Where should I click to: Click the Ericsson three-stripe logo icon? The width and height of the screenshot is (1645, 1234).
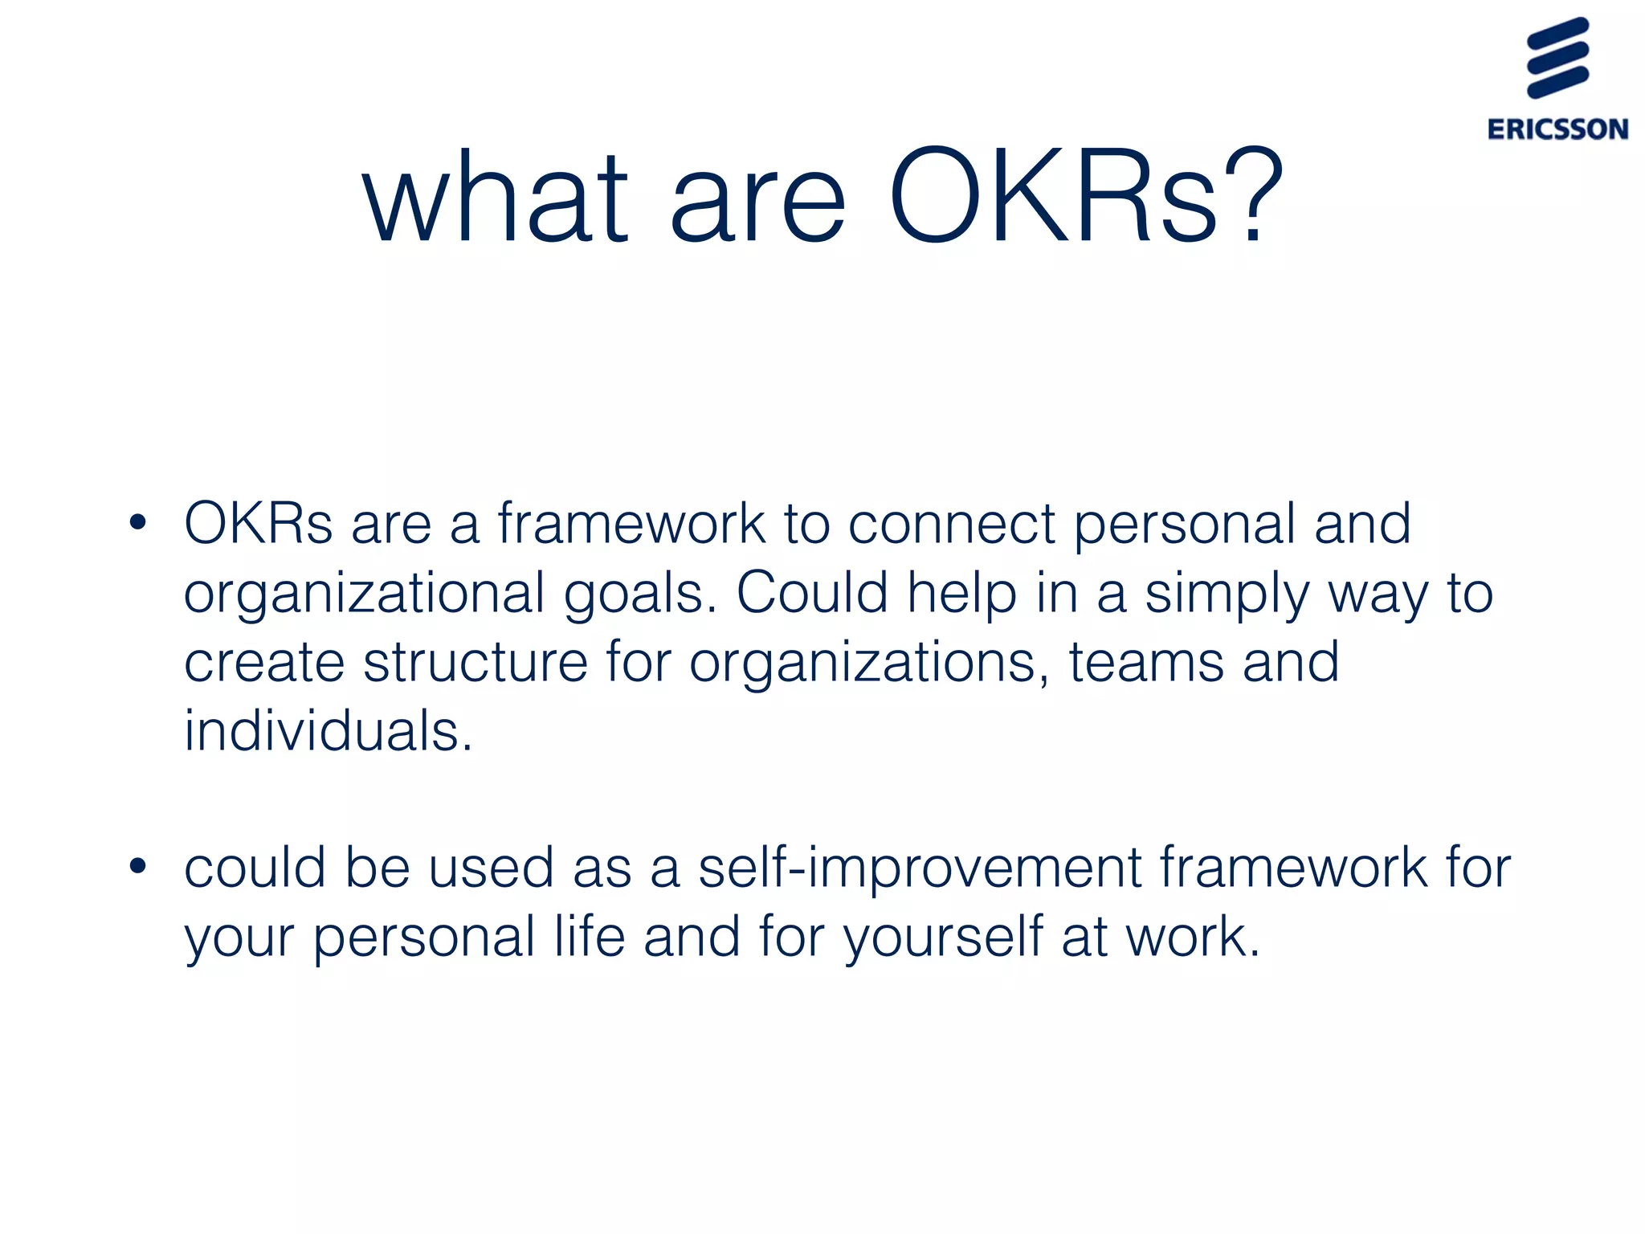[1557, 58]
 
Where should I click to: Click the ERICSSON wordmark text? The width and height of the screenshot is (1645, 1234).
[1557, 129]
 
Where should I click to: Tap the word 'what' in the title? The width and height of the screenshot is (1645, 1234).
[495, 197]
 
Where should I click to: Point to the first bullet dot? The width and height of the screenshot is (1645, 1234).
[138, 523]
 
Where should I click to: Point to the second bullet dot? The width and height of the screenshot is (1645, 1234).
[138, 867]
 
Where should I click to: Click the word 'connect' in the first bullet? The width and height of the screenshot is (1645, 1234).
[952, 524]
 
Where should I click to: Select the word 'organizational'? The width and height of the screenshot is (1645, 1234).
[365, 595]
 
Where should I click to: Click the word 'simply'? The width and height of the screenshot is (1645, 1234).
[1227, 595]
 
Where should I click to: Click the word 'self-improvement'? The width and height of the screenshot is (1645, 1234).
[920, 868]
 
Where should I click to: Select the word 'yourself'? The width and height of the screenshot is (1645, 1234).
[943, 938]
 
